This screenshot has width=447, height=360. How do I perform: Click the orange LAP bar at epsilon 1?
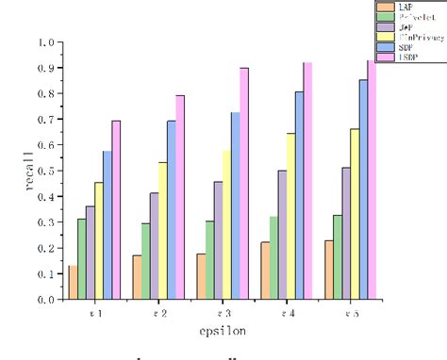point(73,283)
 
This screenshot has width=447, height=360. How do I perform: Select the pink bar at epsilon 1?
point(116,210)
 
